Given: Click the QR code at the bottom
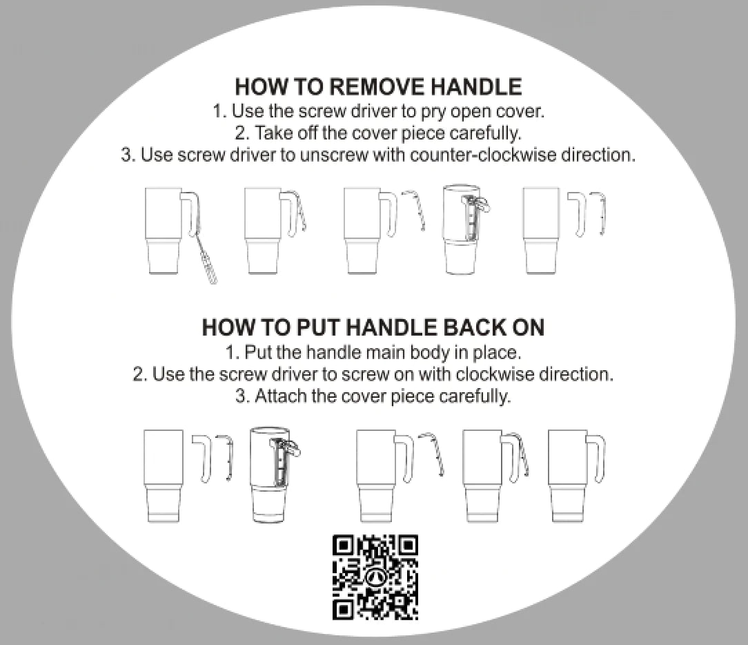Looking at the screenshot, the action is (x=375, y=577).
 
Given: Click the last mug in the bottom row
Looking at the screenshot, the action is (x=576, y=475).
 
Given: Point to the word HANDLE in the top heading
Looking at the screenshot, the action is (x=476, y=87).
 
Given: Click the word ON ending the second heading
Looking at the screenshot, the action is (x=528, y=327).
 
